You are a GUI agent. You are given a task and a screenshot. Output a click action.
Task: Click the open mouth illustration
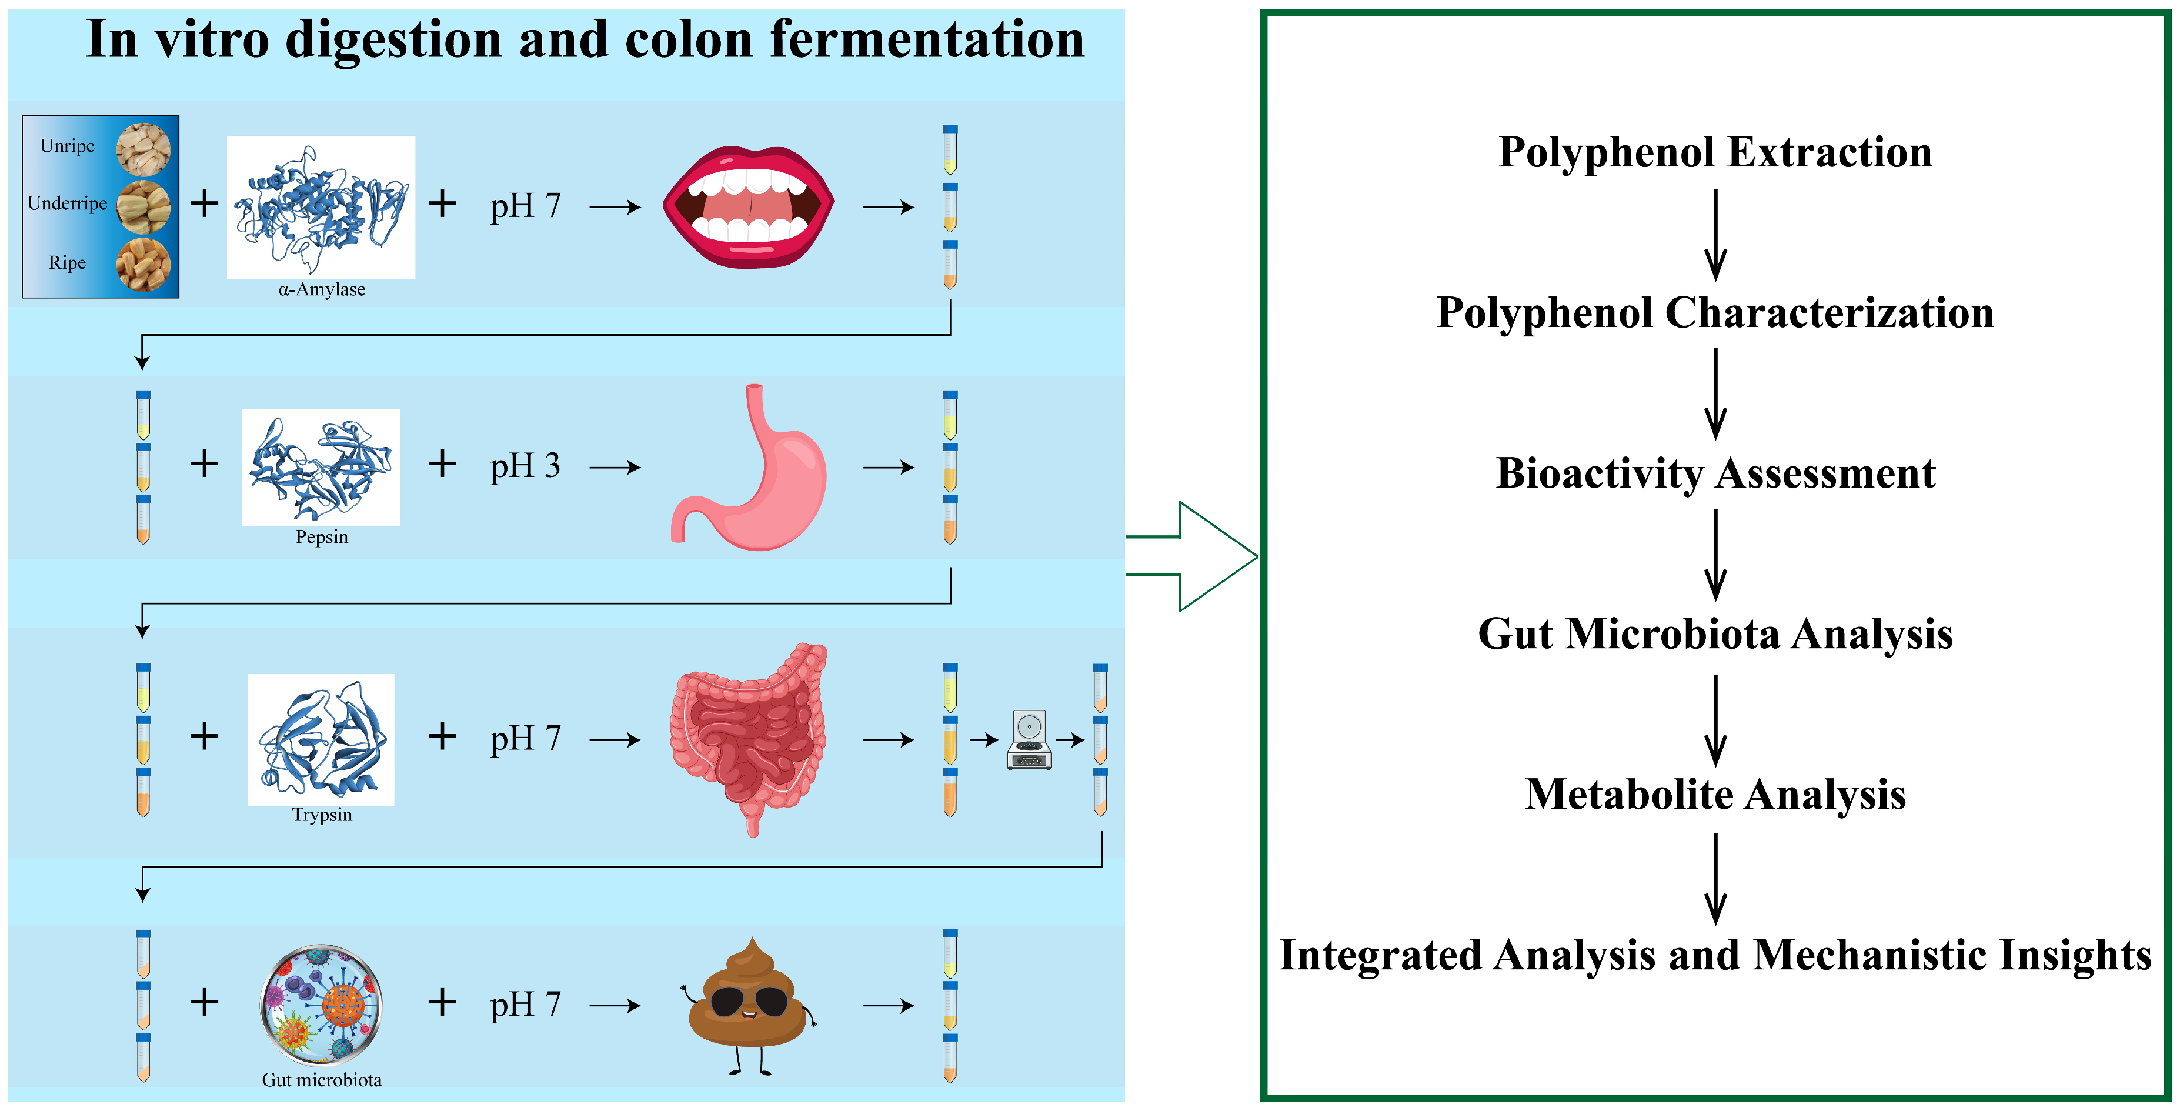pos(748,207)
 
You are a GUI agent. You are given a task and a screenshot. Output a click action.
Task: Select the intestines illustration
pos(748,736)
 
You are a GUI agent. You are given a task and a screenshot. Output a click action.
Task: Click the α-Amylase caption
pos(322,289)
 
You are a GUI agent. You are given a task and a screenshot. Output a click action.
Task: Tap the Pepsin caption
pos(322,536)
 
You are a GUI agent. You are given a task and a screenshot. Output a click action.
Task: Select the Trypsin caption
pos(322,814)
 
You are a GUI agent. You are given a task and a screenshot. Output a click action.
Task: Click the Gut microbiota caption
pos(322,1080)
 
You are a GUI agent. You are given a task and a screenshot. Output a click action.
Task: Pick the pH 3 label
pos(525,465)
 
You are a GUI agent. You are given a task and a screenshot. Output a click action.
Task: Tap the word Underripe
pos(68,203)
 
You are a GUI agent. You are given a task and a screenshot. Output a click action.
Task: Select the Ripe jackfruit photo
pos(142,264)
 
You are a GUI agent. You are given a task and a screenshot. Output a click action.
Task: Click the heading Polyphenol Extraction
pos(1715,152)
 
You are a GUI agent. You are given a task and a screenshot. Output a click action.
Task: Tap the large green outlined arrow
pos(1201,556)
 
